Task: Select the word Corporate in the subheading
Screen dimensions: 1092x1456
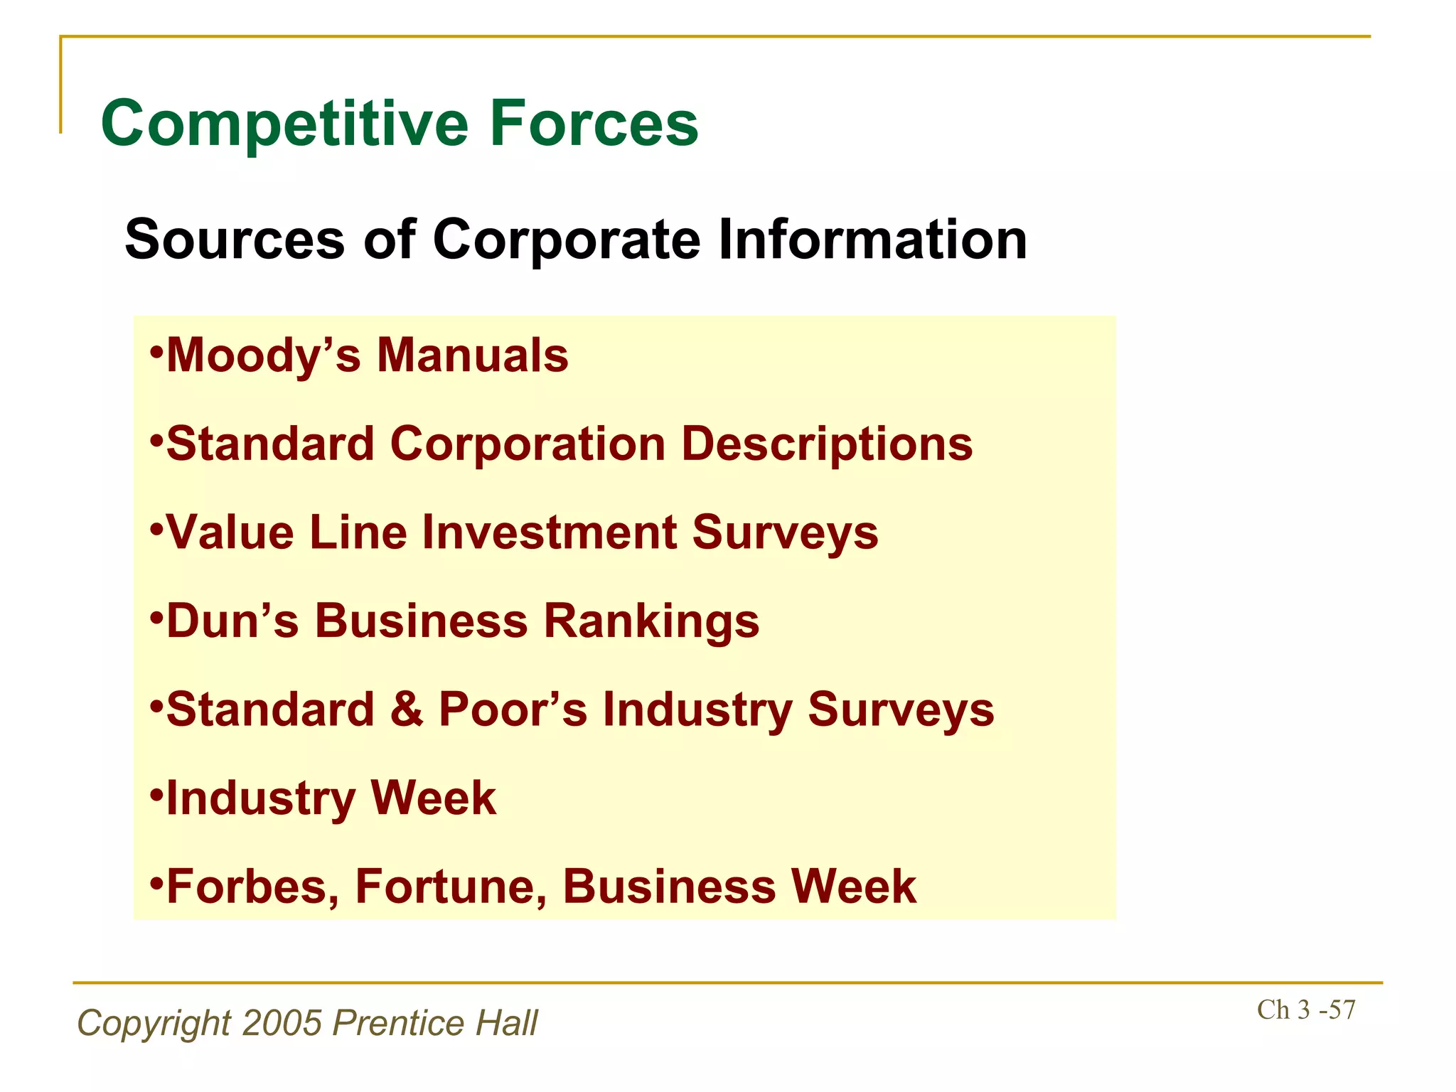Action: click(x=567, y=240)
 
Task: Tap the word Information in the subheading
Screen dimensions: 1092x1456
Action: click(x=872, y=240)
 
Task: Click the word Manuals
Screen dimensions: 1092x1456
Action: click(x=473, y=355)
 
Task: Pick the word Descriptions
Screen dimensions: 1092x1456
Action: click(x=827, y=444)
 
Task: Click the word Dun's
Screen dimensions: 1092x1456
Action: click(x=232, y=621)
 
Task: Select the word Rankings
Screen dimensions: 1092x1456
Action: click(x=651, y=621)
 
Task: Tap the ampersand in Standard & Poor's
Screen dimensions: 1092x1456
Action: click(x=406, y=710)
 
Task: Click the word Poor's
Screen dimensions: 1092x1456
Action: click(x=513, y=710)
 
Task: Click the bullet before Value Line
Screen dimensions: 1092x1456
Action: click(x=157, y=528)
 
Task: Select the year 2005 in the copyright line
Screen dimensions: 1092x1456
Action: click(x=282, y=1023)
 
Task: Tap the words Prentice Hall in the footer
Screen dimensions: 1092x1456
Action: click(x=435, y=1023)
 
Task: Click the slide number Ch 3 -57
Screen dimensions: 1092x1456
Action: click(x=1306, y=1010)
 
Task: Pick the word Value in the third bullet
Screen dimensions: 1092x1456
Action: click(x=230, y=532)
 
